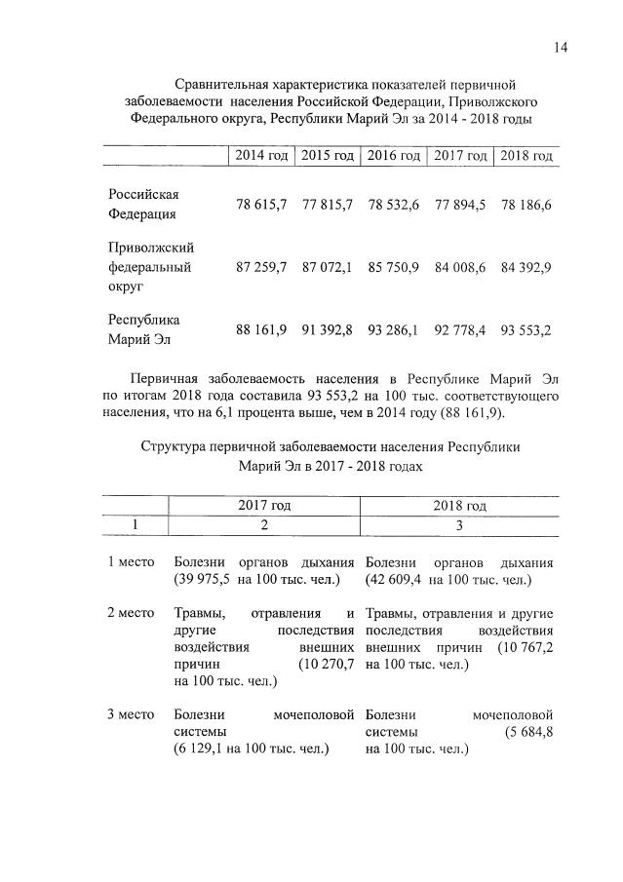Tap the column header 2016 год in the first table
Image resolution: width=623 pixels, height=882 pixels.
click(x=394, y=156)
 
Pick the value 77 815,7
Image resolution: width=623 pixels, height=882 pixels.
click(x=328, y=206)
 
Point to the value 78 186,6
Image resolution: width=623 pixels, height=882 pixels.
click(x=526, y=206)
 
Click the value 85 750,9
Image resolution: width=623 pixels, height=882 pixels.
click(x=394, y=267)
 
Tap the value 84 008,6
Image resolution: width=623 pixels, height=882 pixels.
click(x=460, y=267)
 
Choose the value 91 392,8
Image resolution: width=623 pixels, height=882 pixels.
click(x=328, y=330)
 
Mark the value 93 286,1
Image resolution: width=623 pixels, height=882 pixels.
click(x=394, y=330)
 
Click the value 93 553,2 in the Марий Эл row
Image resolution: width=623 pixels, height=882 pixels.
click(x=526, y=330)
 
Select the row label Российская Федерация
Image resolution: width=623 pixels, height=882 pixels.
click(x=143, y=205)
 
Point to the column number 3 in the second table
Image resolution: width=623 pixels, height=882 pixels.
click(x=459, y=525)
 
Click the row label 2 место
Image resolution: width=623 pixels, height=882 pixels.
click(x=132, y=613)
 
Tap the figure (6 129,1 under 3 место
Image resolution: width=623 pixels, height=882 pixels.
click(x=203, y=748)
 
